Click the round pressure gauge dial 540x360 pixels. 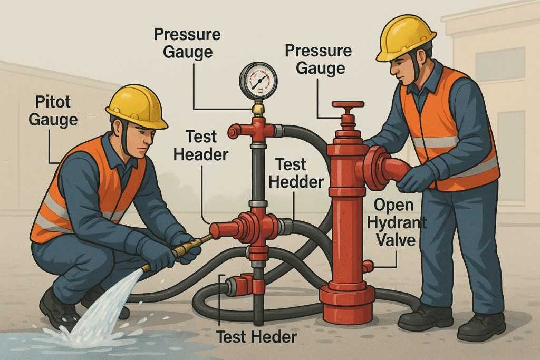tap(258, 81)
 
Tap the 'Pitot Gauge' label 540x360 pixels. tap(53, 111)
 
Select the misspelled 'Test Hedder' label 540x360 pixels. tap(296, 173)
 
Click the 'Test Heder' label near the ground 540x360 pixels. tap(257, 337)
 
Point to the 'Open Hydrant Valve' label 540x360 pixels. tap(396, 222)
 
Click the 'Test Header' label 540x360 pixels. tap(201, 145)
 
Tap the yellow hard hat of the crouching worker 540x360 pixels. tap(137, 106)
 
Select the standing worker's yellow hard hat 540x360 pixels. tap(406, 38)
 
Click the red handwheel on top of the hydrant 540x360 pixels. tap(348, 105)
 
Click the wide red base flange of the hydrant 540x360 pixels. tap(347, 299)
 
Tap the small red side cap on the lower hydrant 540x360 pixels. tap(368, 266)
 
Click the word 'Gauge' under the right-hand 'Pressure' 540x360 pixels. tap(320, 68)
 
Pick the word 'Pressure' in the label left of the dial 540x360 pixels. tap(187, 34)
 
